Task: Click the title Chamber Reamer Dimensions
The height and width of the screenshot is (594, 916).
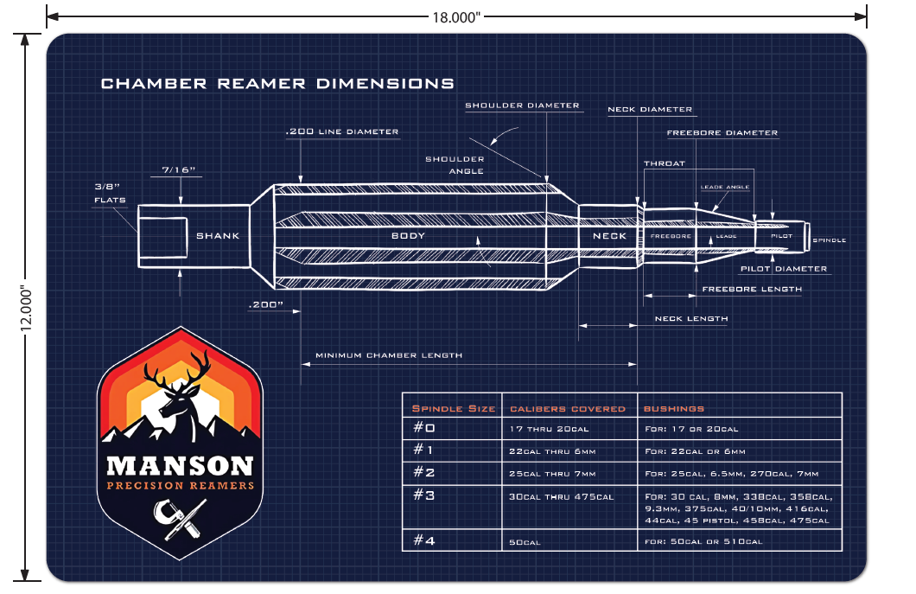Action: [x=277, y=84]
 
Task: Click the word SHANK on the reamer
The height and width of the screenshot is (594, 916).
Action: [x=217, y=235]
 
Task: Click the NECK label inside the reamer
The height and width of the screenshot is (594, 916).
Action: [x=608, y=235]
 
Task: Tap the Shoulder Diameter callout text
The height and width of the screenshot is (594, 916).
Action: [x=522, y=105]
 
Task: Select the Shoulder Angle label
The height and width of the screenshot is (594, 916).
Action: [x=455, y=165]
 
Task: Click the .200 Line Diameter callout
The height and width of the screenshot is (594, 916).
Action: [x=342, y=131]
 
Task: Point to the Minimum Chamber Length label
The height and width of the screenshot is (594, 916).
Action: [x=389, y=355]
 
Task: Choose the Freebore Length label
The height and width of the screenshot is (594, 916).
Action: [x=751, y=289]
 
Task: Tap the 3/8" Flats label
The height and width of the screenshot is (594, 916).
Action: [x=110, y=193]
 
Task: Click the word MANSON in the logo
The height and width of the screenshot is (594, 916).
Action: [x=180, y=466]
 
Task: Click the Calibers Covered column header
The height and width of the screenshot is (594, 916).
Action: [x=568, y=408]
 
